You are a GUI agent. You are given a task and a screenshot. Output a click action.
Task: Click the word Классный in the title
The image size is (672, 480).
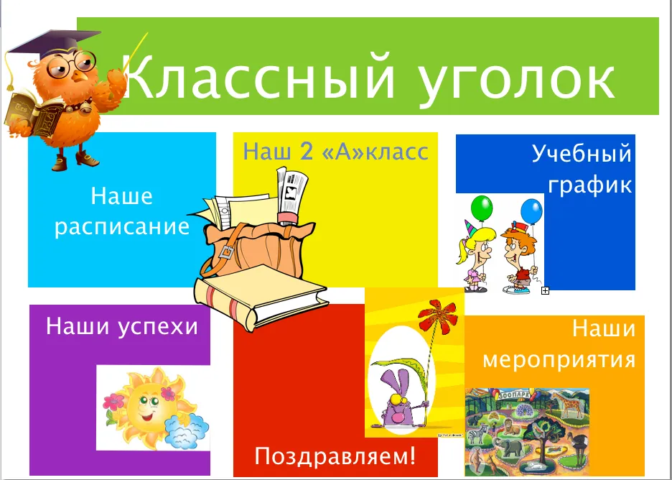pos(260,77)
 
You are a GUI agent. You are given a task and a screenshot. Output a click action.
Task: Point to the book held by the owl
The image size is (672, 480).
pos(34,114)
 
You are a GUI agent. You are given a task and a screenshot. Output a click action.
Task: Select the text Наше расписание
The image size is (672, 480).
pos(122,212)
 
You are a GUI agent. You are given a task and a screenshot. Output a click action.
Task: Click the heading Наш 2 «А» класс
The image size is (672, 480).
pos(335,152)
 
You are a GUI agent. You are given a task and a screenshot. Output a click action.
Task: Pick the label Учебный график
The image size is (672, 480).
pos(582,169)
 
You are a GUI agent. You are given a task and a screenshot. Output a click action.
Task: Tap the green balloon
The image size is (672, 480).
pos(482,208)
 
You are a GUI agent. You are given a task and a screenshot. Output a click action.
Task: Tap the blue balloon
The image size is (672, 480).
pos(532,211)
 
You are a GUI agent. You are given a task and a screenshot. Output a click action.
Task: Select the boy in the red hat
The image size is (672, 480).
pos(519,258)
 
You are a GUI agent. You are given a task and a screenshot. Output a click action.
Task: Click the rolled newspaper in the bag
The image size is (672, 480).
pos(291,195)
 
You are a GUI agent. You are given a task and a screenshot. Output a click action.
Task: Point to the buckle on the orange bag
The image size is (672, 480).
pos(226,251)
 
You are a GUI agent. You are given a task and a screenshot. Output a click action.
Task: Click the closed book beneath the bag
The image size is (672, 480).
pos(261,297)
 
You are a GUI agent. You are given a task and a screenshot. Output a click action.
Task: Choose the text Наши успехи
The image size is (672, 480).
pos(122,326)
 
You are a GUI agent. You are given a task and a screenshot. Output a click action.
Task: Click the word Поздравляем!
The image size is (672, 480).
pos(335,456)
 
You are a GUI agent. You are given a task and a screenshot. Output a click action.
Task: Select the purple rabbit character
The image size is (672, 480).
pos(399,400)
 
